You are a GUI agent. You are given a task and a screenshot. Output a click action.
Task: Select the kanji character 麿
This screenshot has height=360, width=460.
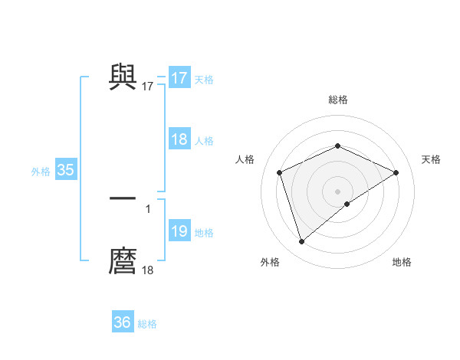click(x=123, y=260)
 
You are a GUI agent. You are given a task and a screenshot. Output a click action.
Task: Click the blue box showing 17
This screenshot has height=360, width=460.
click(x=179, y=78)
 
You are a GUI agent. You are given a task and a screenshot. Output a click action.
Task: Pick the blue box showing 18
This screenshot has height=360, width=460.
click(x=179, y=139)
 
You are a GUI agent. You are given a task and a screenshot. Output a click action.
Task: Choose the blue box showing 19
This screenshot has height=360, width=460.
click(x=179, y=231)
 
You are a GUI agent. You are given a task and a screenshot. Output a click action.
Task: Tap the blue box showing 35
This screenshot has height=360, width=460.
click(x=65, y=170)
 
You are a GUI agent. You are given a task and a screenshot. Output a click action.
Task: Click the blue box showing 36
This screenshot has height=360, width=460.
click(x=122, y=322)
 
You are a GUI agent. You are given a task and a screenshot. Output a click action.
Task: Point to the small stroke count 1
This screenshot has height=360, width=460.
click(x=148, y=208)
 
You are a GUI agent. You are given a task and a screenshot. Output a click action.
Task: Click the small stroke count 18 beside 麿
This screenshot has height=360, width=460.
click(x=148, y=270)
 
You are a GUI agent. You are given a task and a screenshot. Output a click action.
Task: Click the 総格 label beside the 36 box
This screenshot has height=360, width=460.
click(x=147, y=324)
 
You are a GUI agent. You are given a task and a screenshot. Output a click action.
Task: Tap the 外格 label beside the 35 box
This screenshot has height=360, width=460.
click(x=41, y=172)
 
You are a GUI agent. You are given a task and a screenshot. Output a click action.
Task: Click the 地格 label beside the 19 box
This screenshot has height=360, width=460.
click(x=204, y=233)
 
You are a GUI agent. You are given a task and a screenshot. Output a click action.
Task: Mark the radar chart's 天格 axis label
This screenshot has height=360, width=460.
click(x=431, y=159)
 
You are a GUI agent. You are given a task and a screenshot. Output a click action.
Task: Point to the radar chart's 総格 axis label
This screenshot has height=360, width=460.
click(x=337, y=100)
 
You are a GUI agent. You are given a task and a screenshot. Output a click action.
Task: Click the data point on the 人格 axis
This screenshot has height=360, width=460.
click(x=280, y=172)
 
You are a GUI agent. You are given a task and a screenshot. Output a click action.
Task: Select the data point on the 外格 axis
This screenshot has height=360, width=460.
click(x=301, y=242)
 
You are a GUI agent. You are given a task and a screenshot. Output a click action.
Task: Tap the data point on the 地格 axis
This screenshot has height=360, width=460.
click(x=347, y=204)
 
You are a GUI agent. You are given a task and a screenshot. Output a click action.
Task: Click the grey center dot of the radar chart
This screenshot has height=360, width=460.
click(x=337, y=191)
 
